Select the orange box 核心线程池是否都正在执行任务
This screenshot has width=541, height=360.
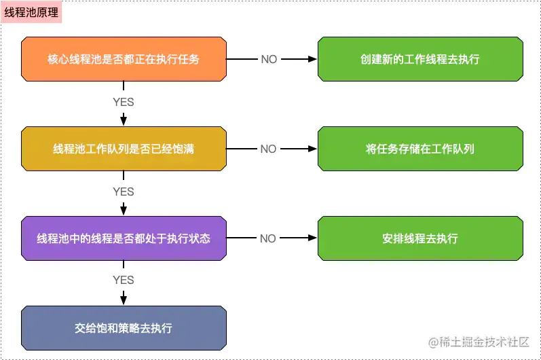[124, 59]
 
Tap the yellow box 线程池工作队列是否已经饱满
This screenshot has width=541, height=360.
[124, 149]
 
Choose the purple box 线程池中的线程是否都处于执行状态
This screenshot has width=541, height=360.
[124, 238]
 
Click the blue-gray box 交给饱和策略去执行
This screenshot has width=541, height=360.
[124, 328]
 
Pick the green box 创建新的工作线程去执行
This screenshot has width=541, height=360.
[420, 59]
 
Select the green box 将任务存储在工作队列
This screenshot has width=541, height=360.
[420, 149]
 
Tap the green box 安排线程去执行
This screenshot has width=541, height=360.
[420, 238]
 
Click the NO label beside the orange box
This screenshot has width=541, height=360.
[269, 59]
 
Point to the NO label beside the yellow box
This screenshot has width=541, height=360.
[269, 149]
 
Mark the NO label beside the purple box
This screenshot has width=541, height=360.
[269, 238]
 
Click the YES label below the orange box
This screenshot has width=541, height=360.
[124, 103]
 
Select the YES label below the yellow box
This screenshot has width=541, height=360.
[124, 192]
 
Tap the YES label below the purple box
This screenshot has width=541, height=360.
[124, 280]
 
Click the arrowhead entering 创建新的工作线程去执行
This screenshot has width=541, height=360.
[313, 59]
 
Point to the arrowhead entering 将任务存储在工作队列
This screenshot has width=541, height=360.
[313, 149]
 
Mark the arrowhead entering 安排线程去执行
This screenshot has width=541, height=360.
[313, 238]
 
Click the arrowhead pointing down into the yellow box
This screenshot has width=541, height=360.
[124, 121]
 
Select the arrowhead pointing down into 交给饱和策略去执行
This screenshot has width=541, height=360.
[124, 300]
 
